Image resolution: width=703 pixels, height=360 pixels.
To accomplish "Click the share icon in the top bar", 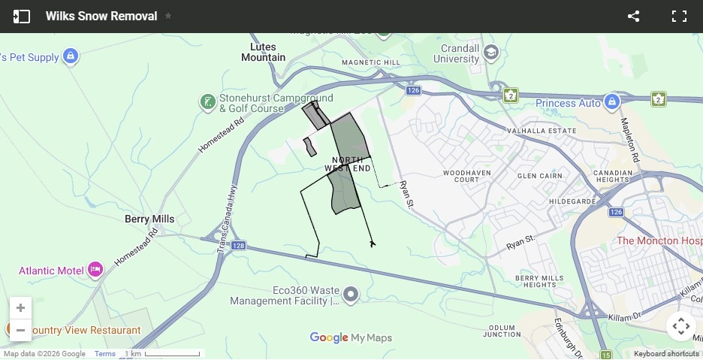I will click(x=633, y=17).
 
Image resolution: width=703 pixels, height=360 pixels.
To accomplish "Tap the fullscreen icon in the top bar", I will click(x=679, y=17).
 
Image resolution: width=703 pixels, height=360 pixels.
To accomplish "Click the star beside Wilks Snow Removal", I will click(x=168, y=16).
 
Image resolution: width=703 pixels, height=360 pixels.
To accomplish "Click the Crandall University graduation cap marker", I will click(x=491, y=53).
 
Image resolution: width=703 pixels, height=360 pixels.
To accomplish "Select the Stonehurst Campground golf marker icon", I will click(x=208, y=101).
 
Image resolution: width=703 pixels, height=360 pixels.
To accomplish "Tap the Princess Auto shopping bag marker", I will click(x=612, y=101).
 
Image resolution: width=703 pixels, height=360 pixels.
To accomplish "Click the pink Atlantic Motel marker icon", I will click(x=95, y=269).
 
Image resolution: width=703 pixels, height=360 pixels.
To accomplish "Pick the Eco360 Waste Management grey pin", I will click(x=351, y=294).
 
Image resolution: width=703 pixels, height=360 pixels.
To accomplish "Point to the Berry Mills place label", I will click(x=149, y=219).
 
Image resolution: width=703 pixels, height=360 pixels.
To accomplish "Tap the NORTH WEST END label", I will click(x=348, y=165).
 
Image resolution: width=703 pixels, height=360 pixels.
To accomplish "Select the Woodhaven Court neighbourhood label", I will click(x=461, y=176).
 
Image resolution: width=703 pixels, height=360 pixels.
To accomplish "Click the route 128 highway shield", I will click(x=238, y=246).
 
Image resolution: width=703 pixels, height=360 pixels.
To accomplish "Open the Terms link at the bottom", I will click(x=105, y=354).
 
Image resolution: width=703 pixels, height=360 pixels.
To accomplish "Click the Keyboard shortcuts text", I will click(x=666, y=354).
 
